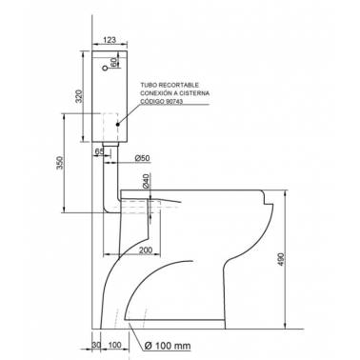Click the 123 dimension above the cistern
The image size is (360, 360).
(x=110, y=40)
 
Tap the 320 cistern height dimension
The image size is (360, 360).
(x=79, y=96)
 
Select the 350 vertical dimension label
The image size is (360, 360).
(x=60, y=163)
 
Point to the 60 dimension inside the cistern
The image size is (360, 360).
(x=114, y=62)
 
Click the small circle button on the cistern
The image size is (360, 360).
(x=105, y=69)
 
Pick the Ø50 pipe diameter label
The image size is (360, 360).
(x=142, y=158)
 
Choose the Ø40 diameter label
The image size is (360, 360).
(x=146, y=181)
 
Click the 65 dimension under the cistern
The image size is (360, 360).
(x=99, y=151)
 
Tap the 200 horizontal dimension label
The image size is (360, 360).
(x=146, y=250)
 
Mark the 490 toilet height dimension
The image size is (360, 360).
(x=281, y=259)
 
